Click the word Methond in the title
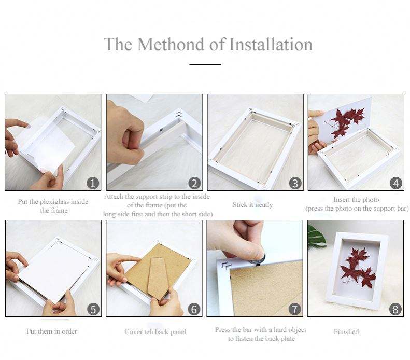(x=171, y=44)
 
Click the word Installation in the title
(x=271, y=44)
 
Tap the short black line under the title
(x=205, y=64)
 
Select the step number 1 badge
(x=93, y=183)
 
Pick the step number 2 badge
(x=194, y=183)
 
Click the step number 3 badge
(x=295, y=183)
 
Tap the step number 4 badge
(x=396, y=183)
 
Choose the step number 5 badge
(x=93, y=309)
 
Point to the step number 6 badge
(x=194, y=309)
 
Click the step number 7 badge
(x=295, y=309)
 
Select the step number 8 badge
(x=395, y=309)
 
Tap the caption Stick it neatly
(x=252, y=204)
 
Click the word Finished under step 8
(x=346, y=332)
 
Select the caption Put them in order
(x=52, y=331)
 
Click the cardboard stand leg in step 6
(x=158, y=278)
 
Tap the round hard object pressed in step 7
(x=257, y=259)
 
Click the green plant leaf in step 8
(x=316, y=236)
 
